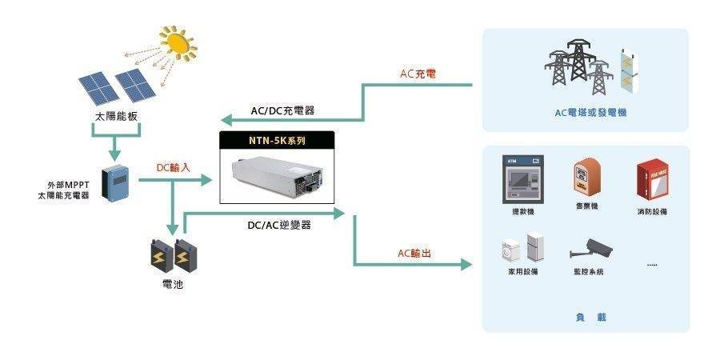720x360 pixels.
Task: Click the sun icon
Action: [x=178, y=43]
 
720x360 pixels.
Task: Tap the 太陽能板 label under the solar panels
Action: [x=116, y=116]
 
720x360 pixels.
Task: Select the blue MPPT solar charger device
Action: [x=115, y=182]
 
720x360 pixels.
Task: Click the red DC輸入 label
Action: [x=173, y=168]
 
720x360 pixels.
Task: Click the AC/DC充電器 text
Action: [x=282, y=110]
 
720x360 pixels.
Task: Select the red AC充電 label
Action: [x=418, y=74]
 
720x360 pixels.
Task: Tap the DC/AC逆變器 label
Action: [x=279, y=225]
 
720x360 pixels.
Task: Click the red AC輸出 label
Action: [x=414, y=253]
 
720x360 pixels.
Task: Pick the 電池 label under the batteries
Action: [x=173, y=285]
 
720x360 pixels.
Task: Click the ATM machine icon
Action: [x=522, y=179]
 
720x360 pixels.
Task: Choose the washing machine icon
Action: [x=510, y=250]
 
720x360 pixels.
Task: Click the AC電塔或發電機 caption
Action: [x=590, y=113]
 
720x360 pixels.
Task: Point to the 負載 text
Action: [x=590, y=317]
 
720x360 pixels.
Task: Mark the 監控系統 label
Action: [x=586, y=272]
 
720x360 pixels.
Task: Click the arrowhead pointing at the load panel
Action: [x=466, y=265]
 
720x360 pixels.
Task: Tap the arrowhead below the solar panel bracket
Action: [x=114, y=154]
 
